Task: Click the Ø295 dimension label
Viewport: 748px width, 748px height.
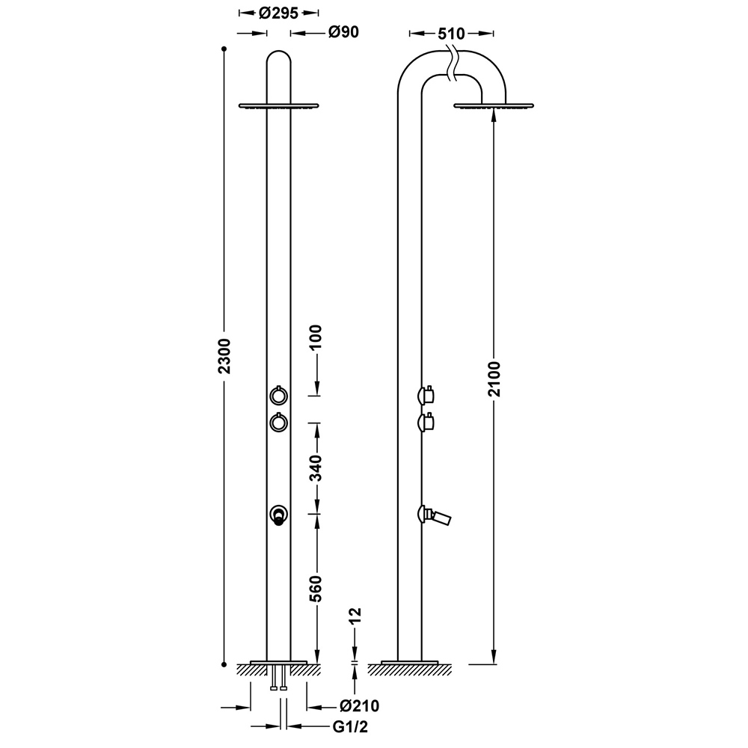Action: pos(278,13)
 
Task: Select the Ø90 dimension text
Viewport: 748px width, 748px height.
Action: pos(343,32)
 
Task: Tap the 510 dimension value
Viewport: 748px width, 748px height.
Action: pos(451,34)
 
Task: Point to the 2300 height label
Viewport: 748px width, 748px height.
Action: pos(224,356)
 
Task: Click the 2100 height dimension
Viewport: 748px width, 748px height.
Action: pos(494,379)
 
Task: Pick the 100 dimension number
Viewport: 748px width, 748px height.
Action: pos(316,337)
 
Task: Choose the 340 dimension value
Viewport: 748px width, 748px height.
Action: pos(316,468)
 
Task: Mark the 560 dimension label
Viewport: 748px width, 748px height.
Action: pos(316,589)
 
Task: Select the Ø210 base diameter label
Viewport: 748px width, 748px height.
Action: pos(360,706)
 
